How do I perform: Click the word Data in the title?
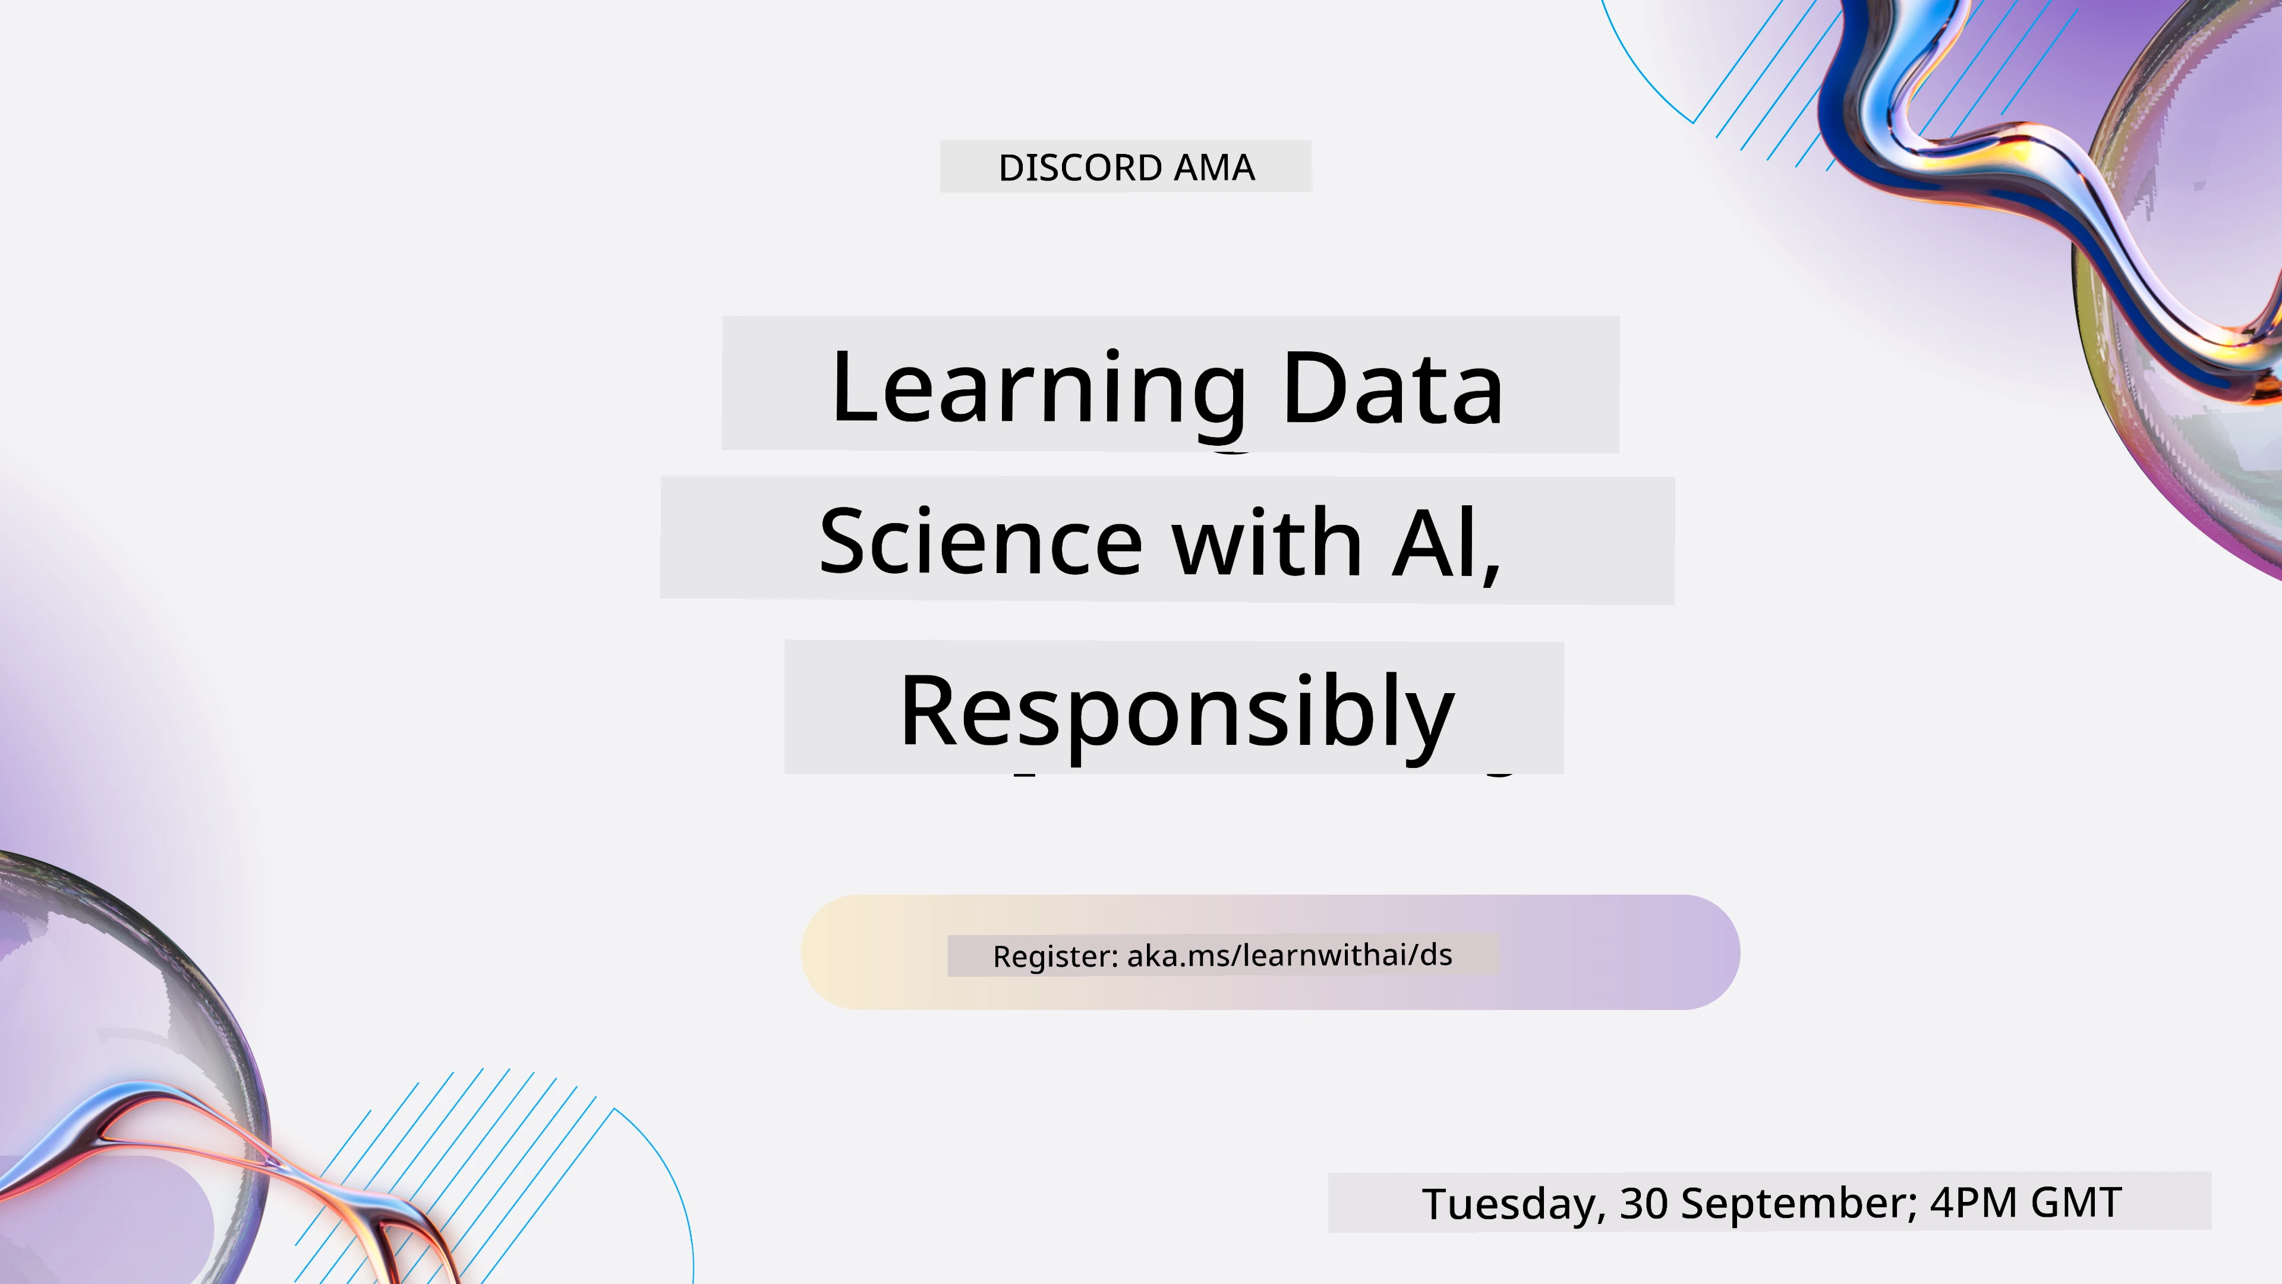coord(1392,387)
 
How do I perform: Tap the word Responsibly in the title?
coord(1177,713)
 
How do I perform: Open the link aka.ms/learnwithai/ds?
coord(1290,954)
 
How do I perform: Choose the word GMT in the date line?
coord(2076,1203)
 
